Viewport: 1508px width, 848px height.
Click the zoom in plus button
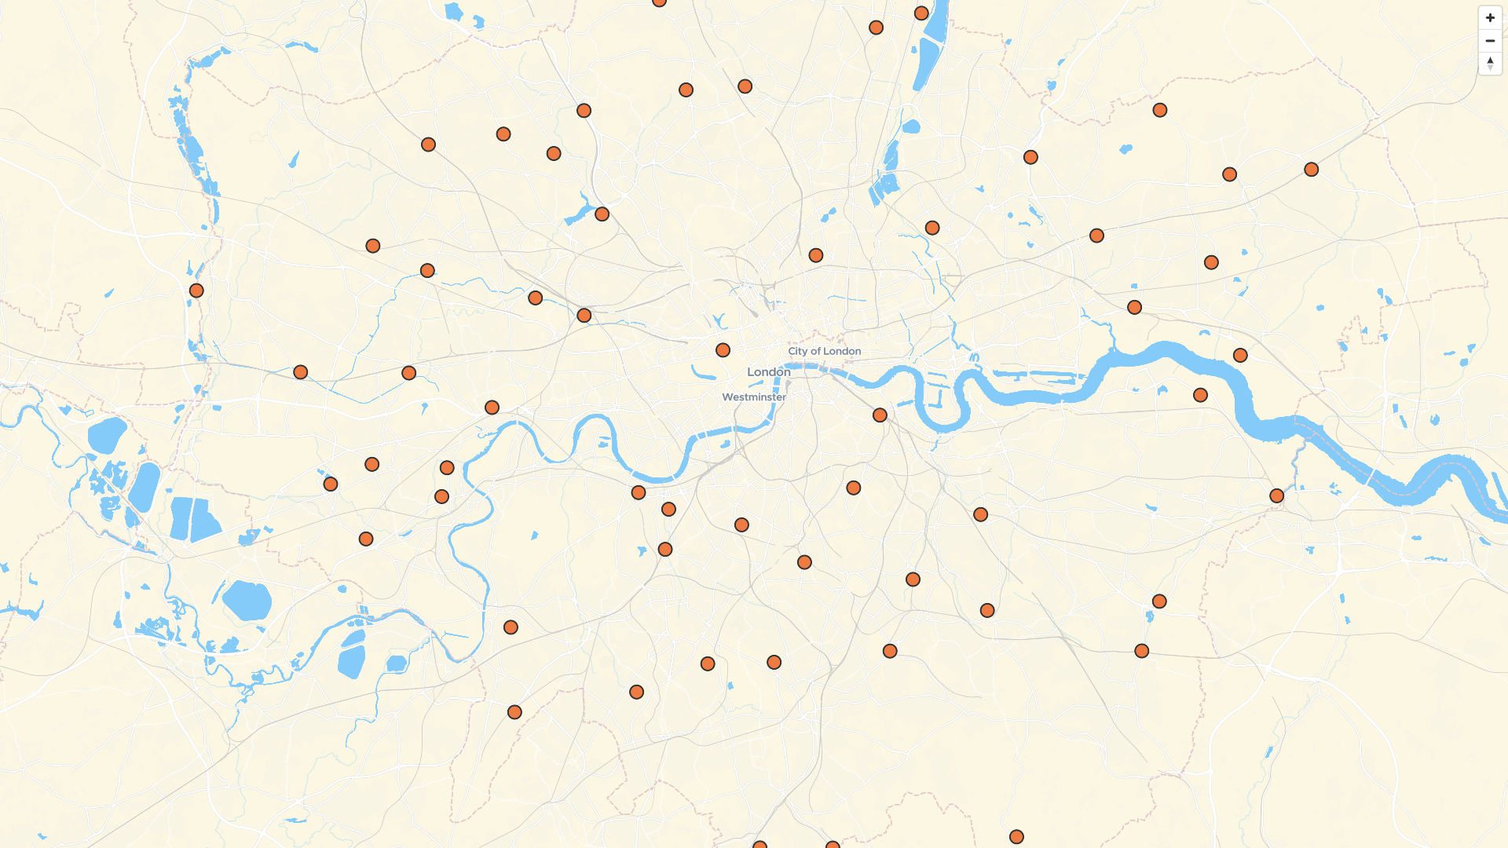coord(1490,18)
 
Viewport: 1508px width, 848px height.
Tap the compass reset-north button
coord(1490,64)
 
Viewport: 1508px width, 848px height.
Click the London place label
coord(768,372)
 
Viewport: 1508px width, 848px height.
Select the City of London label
coord(824,351)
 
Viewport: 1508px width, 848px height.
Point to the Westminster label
coord(754,397)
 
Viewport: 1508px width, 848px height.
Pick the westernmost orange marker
coord(196,291)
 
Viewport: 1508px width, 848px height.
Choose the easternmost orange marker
coord(1311,170)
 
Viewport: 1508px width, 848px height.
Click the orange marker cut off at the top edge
coord(660,2)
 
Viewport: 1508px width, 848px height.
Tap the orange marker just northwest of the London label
coord(723,350)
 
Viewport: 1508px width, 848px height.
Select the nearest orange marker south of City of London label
coord(880,415)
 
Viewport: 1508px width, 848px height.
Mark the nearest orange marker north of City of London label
coord(815,255)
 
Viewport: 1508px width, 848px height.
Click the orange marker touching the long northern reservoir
coord(921,13)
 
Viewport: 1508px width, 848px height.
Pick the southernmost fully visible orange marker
coord(1016,837)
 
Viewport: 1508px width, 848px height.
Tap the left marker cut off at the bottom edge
coord(759,845)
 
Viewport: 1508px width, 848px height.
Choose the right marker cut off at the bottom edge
coord(833,845)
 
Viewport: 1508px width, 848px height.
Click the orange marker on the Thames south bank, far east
coord(1276,496)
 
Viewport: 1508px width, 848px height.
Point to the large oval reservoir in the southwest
coord(247,601)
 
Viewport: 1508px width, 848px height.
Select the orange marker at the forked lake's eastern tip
coord(602,214)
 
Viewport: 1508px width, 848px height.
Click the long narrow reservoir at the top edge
coord(932,43)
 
